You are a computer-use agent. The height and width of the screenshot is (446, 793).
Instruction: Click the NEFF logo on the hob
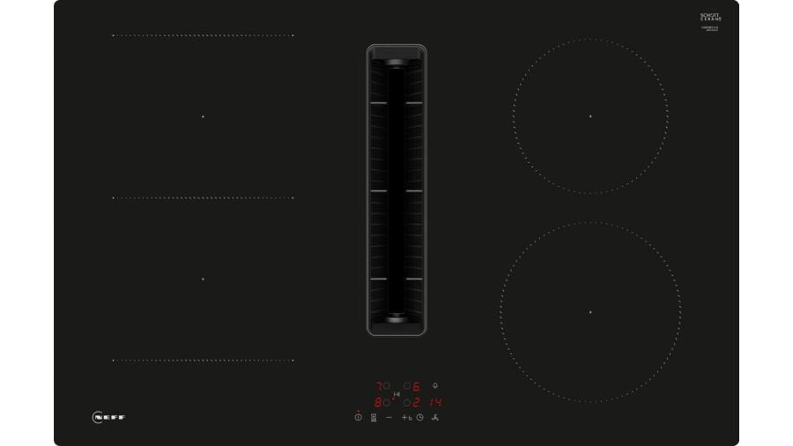[108, 417]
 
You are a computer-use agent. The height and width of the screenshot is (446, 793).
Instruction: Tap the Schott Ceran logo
[710, 18]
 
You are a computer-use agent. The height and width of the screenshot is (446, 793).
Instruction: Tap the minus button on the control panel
[389, 417]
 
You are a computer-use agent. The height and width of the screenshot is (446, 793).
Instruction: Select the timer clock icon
[420, 417]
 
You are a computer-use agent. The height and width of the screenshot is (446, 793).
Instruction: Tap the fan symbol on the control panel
[435, 417]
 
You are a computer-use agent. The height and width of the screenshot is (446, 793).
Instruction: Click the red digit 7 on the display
[379, 386]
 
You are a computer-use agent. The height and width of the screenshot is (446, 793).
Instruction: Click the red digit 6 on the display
[416, 386]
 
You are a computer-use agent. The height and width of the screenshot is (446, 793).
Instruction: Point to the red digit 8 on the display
[379, 402]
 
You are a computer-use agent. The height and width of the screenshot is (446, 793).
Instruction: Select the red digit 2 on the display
[416, 402]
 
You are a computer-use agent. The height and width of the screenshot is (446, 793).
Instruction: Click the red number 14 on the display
[435, 402]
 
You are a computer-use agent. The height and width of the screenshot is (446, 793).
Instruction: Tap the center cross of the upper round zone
[590, 116]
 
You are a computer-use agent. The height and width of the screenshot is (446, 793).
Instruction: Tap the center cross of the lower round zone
[590, 312]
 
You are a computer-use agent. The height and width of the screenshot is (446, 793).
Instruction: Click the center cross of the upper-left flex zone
[203, 116]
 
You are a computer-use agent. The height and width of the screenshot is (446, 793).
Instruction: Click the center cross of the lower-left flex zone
[203, 279]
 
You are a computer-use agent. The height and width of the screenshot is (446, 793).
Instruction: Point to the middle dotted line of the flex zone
[203, 197]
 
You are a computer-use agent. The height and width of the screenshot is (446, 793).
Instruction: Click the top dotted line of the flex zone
[203, 35]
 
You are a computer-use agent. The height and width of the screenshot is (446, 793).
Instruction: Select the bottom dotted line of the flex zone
[203, 360]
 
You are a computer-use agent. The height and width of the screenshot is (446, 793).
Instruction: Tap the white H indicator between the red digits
[396, 394]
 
